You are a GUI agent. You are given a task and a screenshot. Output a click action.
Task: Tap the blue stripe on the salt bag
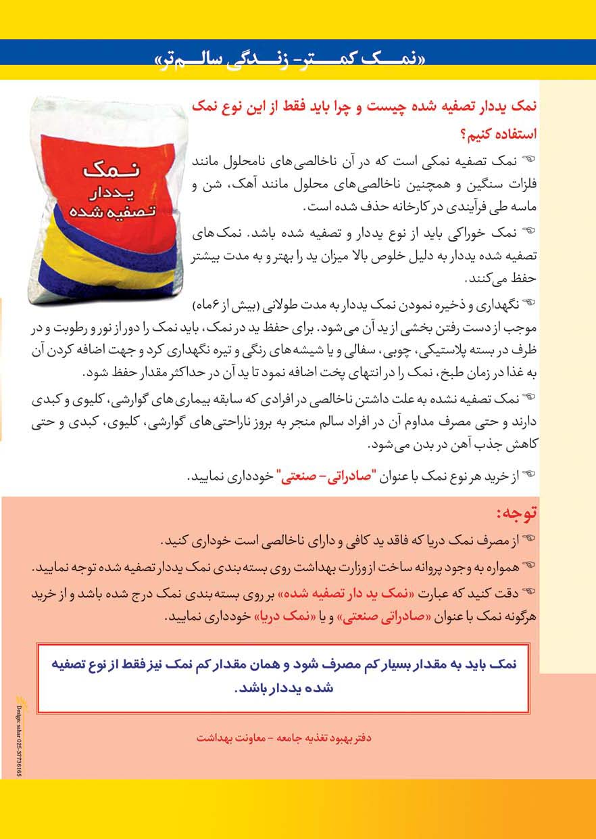(108, 288)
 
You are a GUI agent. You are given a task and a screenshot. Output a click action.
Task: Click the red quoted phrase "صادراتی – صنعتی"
(323, 476)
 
